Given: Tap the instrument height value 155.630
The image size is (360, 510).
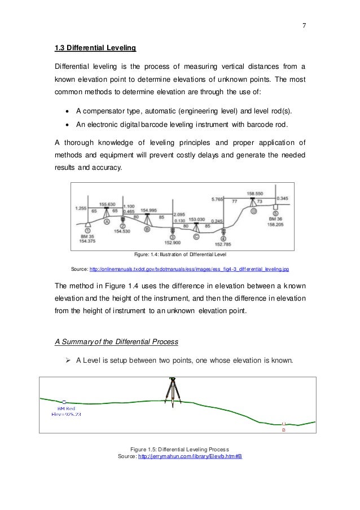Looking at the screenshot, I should [107, 204].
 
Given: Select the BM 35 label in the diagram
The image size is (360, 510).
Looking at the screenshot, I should [86, 236].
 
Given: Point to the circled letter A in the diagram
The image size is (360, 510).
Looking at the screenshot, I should [106, 221].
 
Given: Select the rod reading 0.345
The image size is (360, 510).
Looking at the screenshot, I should [283, 198].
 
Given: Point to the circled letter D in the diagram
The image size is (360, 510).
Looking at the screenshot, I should [254, 212].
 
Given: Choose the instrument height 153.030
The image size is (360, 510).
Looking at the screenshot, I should [196, 219].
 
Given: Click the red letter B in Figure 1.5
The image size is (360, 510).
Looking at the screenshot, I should [284, 429].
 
